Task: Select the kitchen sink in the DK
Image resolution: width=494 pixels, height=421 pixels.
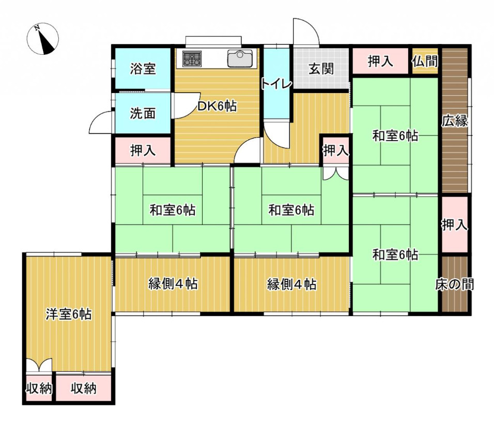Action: click(240, 58)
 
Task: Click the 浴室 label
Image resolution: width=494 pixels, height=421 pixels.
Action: click(142, 69)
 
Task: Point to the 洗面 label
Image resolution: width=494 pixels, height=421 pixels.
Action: click(142, 114)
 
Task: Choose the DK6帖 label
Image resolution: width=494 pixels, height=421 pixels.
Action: click(217, 107)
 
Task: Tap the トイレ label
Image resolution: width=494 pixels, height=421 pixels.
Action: click(277, 84)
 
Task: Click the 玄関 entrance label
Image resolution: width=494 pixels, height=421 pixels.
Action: click(321, 69)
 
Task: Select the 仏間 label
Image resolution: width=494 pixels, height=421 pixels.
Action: click(425, 61)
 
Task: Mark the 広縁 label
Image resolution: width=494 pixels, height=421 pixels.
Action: click(455, 122)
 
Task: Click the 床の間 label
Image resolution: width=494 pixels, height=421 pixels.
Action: click(455, 284)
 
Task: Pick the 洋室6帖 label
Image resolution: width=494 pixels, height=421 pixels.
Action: click(69, 314)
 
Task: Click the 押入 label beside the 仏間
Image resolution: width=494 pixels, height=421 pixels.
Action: click(381, 61)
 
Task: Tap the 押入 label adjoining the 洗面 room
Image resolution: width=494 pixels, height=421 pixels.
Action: click(142, 151)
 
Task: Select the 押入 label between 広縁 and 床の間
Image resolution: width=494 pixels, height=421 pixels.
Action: click(455, 224)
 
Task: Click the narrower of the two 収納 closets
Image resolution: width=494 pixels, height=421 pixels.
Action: click(39, 388)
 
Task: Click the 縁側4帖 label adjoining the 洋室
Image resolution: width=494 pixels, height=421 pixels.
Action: click(173, 284)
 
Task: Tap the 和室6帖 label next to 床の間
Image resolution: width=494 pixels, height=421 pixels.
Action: click(395, 254)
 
